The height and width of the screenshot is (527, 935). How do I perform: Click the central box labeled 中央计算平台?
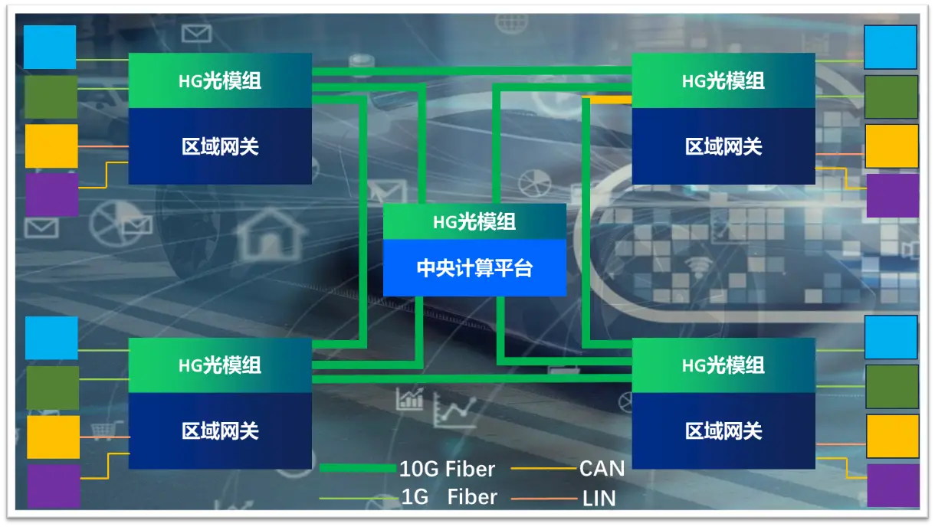click(x=474, y=268)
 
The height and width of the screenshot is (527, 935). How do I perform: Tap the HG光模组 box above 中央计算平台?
click(x=474, y=222)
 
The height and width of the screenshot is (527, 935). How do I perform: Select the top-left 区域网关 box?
click(x=220, y=146)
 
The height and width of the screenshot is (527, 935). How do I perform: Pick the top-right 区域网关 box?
click(x=723, y=146)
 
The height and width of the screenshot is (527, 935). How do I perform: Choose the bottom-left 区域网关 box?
click(x=220, y=430)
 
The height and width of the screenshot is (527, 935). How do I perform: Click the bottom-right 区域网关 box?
click(x=723, y=430)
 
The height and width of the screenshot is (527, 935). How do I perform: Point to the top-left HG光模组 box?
click(x=220, y=80)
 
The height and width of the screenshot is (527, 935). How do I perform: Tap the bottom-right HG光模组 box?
click(x=723, y=365)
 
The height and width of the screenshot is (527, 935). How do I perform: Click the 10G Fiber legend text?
click(x=447, y=469)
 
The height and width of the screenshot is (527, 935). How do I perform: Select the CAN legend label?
click(x=602, y=468)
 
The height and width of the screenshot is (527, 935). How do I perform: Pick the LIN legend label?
click(x=599, y=499)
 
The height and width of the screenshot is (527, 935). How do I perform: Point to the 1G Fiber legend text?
click(x=449, y=497)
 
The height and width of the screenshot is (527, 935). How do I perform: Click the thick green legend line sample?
click(x=357, y=468)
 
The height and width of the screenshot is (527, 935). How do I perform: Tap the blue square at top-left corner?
click(x=50, y=47)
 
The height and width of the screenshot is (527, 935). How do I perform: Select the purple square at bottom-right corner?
click(x=893, y=485)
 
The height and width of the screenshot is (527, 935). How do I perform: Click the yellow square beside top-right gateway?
click(x=891, y=146)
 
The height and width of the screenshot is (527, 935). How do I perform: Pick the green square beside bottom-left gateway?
click(x=53, y=388)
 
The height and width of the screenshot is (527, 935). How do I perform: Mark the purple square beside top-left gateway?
click(x=52, y=195)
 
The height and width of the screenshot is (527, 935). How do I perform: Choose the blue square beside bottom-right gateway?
click(x=891, y=337)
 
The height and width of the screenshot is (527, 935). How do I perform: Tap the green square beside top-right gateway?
click(x=891, y=97)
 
